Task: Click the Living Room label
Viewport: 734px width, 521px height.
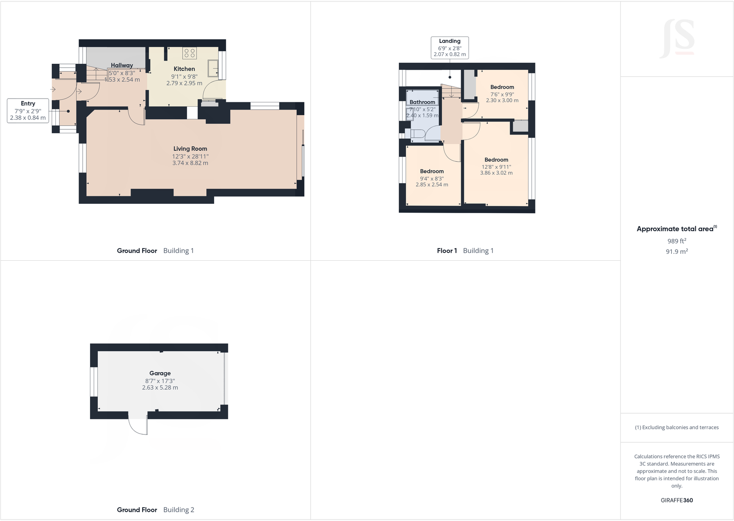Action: pos(190,149)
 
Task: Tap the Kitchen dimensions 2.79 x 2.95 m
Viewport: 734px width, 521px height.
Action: pos(184,83)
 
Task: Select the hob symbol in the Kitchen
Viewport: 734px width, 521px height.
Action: pos(190,53)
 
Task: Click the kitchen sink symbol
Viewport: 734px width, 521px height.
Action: pos(213,68)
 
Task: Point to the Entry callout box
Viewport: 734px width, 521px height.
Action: pos(28,110)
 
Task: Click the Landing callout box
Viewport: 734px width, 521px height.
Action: pos(450,48)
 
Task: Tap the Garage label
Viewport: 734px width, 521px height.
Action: pos(160,373)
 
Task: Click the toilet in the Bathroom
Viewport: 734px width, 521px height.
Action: pos(417,134)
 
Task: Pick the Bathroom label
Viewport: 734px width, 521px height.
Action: pos(422,102)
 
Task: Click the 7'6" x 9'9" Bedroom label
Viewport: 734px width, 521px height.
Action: pos(502,87)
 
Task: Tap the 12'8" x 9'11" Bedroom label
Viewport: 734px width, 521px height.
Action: pos(496,160)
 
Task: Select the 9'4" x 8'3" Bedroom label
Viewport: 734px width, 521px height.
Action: pos(432,172)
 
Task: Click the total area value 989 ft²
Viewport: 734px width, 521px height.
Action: pos(676,241)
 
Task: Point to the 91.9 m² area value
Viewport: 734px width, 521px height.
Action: pos(676,251)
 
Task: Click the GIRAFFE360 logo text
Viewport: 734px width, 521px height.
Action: pos(676,500)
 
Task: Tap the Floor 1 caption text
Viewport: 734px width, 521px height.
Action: pos(446,251)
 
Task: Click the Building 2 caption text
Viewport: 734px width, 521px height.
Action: pos(179,509)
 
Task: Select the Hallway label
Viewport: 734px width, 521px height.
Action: pos(121,66)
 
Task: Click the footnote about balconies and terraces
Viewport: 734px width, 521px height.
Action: pos(676,427)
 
